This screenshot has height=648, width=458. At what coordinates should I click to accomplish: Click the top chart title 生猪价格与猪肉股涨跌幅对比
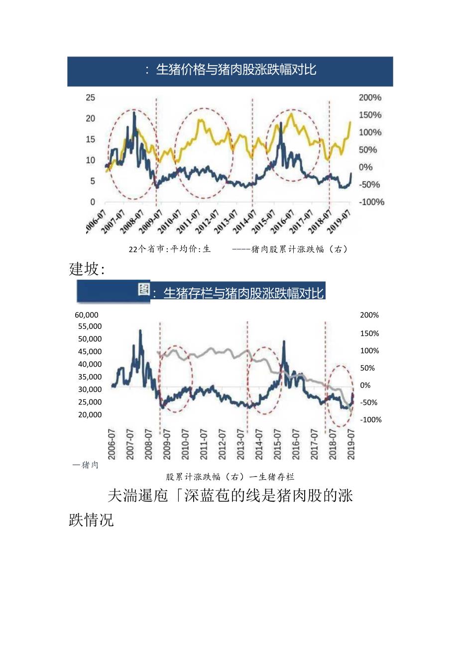(236, 70)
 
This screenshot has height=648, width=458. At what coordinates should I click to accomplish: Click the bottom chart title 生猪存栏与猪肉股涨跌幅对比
(243, 293)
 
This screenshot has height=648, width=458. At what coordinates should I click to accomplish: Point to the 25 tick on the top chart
(90, 97)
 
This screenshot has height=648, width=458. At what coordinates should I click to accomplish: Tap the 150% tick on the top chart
(370, 115)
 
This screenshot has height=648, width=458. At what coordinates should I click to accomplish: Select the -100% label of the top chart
(371, 202)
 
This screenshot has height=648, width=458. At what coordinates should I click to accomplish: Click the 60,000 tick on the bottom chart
(87, 315)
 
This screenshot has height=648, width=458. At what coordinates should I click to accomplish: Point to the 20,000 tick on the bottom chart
(90, 415)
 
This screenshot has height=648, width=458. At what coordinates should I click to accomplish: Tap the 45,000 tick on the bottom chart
(90, 352)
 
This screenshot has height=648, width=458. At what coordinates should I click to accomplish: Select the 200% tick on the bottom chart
(369, 315)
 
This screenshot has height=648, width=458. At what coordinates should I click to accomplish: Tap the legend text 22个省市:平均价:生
(169, 249)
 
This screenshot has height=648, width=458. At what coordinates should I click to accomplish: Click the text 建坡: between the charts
(87, 269)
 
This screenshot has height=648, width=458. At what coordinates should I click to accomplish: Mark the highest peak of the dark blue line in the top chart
(134, 113)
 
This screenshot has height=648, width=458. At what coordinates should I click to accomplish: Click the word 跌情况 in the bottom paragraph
(91, 520)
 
